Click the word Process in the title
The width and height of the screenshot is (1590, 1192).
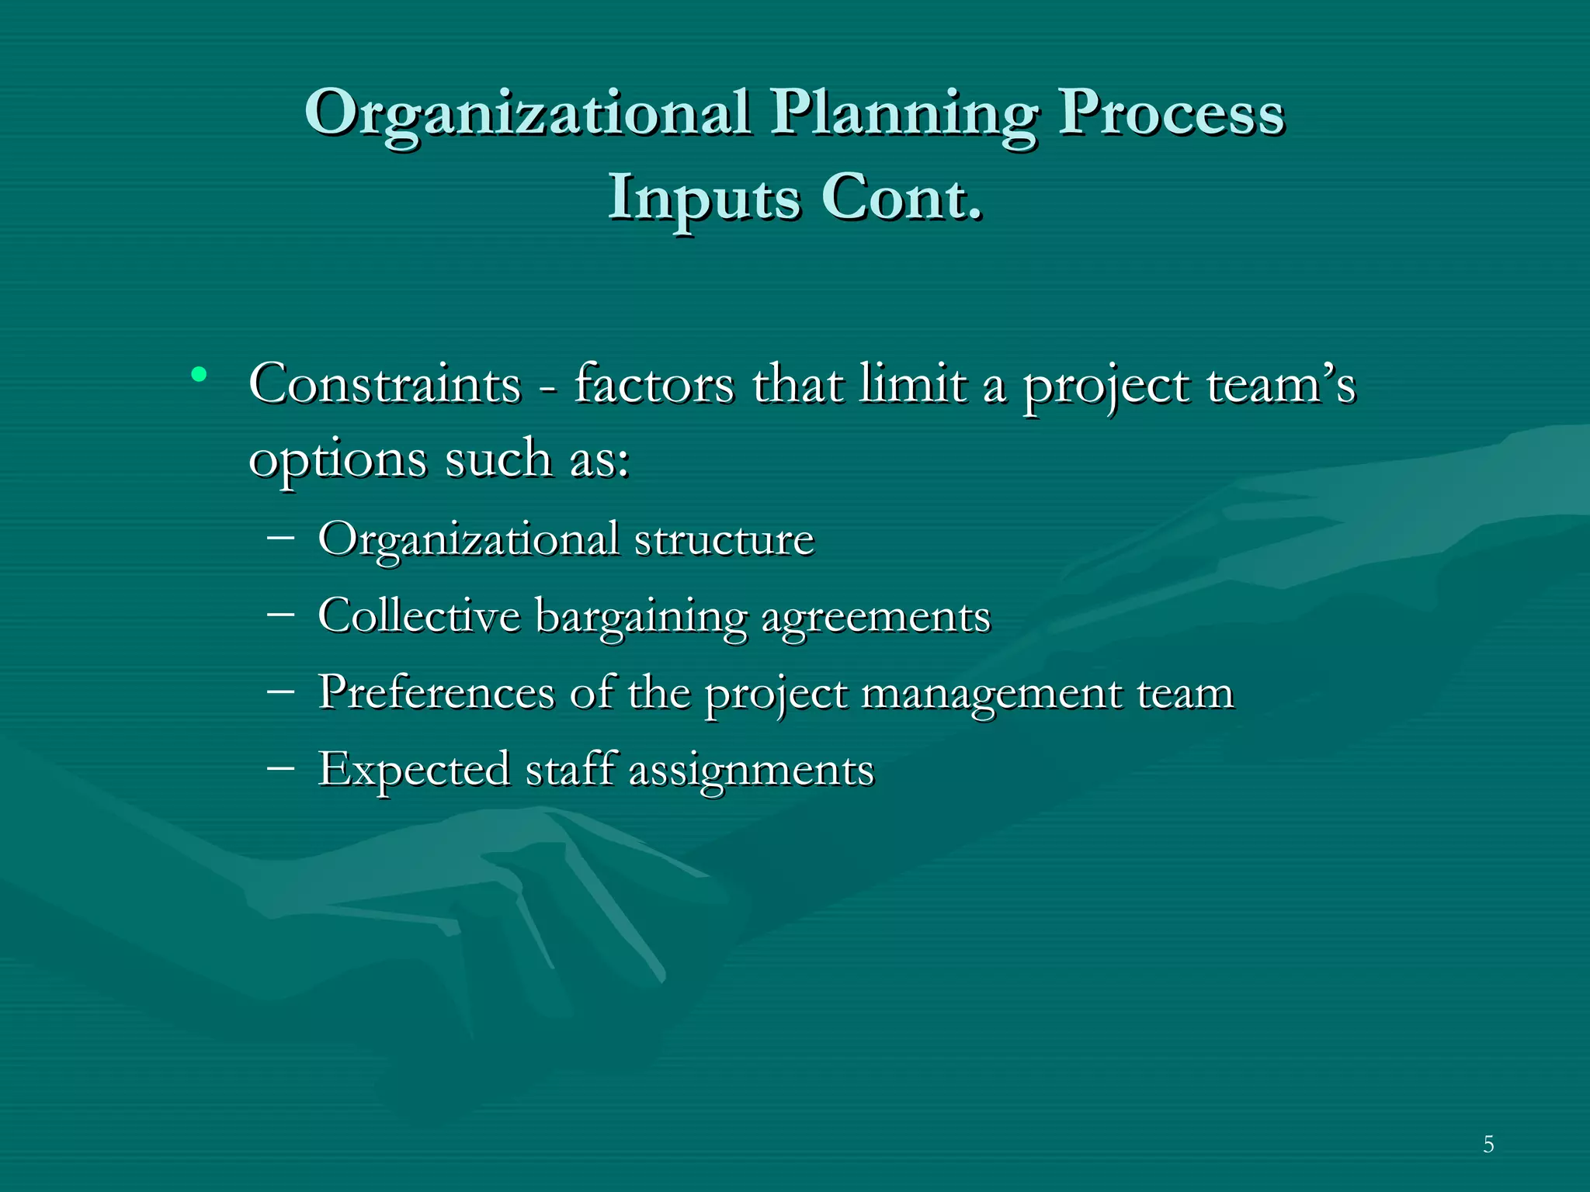(x=1172, y=113)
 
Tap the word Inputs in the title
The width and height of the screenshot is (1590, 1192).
(x=703, y=198)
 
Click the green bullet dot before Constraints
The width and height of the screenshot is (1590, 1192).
(x=199, y=375)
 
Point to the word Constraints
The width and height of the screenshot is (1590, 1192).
(x=384, y=384)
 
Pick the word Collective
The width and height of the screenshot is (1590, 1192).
(x=418, y=616)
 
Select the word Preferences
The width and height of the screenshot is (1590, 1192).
(x=436, y=692)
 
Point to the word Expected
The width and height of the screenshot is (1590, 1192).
(x=414, y=770)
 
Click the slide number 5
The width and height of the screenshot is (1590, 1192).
(x=1488, y=1145)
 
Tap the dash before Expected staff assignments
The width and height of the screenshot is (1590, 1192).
(x=279, y=767)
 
